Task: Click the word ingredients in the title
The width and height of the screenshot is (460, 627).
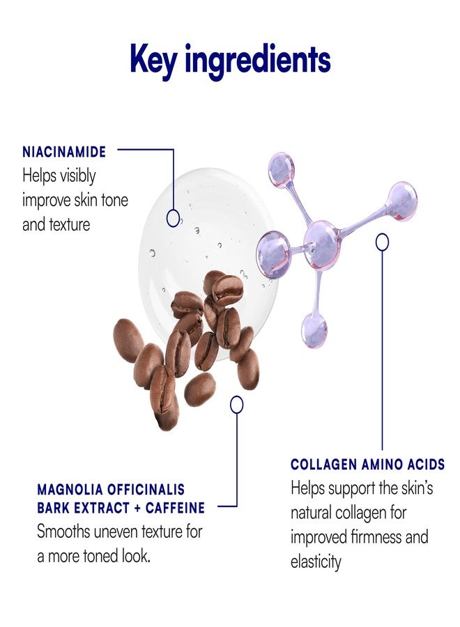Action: (x=258, y=61)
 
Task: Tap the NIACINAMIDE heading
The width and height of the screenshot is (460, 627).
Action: (x=64, y=152)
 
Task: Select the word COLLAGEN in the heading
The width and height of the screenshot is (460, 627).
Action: (x=323, y=464)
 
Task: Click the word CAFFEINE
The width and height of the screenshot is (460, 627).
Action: (x=175, y=508)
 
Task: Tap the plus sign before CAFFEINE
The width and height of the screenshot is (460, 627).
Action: (x=137, y=509)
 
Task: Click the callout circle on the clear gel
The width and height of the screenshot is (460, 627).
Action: (x=173, y=218)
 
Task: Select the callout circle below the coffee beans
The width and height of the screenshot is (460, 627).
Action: (x=237, y=405)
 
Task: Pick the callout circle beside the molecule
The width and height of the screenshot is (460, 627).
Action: (x=383, y=242)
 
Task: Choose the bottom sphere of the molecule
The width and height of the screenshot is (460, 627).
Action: (x=314, y=330)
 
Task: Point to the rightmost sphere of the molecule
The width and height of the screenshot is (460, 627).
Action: (x=402, y=201)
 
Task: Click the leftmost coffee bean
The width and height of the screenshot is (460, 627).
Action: (x=128, y=340)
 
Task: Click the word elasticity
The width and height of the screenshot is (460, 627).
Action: (x=316, y=562)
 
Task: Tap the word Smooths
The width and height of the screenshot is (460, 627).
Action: (x=63, y=532)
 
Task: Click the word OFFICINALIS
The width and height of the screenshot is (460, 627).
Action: (x=146, y=489)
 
